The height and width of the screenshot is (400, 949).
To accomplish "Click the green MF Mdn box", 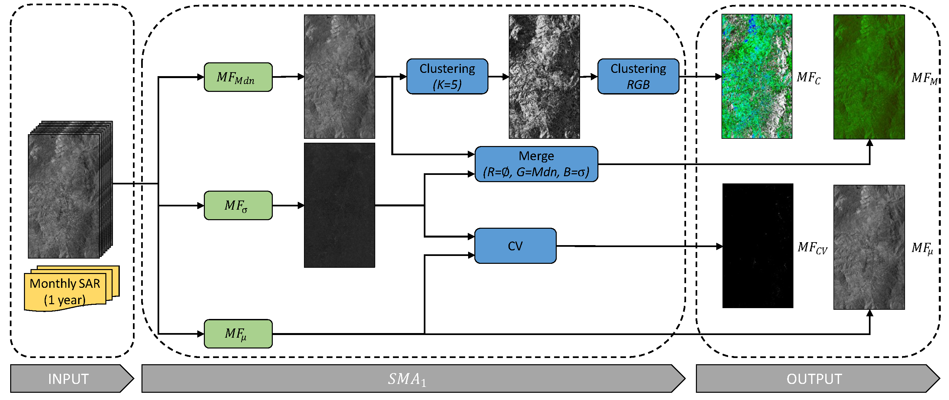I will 238,77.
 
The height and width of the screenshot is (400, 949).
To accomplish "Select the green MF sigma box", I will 238,205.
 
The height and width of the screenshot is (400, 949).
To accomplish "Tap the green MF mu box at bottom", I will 238,333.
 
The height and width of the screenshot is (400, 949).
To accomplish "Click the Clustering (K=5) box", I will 447,76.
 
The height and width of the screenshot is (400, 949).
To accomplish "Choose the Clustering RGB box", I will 638,76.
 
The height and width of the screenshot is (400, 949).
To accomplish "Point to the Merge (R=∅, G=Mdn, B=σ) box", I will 536,164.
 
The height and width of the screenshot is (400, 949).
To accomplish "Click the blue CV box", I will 515,246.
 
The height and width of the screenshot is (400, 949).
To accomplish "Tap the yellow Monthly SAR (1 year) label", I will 66,291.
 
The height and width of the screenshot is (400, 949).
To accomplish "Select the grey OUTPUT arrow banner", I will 814,378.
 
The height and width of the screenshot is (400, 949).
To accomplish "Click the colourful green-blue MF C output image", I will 756,76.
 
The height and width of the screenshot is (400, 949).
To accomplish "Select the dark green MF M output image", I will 869,76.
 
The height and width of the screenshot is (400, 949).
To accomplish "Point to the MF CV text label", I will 812,248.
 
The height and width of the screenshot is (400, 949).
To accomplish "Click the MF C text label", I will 808,78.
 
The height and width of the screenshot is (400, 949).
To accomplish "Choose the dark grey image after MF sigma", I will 339,205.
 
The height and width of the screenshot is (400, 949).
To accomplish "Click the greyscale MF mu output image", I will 869,247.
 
